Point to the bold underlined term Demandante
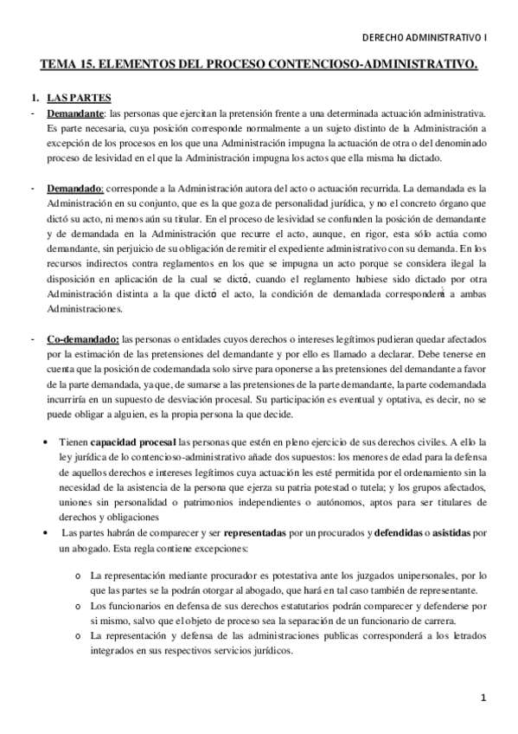pyautogui.click(x=76, y=113)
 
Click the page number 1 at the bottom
pyautogui.click(x=484, y=697)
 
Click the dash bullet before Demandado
pyautogui.click(x=31, y=188)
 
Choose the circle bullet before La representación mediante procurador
pyautogui.click(x=79, y=576)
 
